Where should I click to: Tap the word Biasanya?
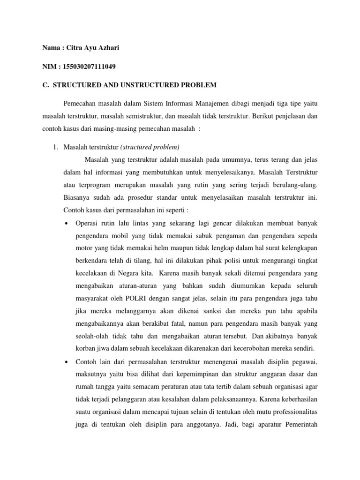(77, 197)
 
